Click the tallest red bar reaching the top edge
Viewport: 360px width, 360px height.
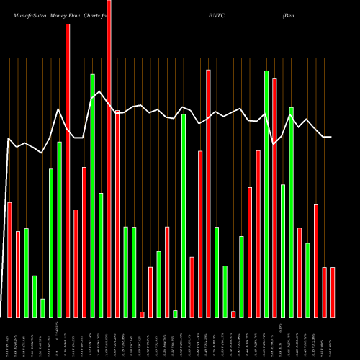coord(109,158)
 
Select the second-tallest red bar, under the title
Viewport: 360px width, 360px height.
coord(68,170)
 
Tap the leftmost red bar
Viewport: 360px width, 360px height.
coord(9,259)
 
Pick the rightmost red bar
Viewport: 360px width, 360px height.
coord(332,292)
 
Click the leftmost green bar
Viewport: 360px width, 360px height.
coord(26,272)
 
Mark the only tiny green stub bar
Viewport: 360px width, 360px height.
coord(175,313)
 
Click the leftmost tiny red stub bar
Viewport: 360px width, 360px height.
coord(142,314)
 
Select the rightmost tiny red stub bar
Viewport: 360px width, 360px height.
coord(233,314)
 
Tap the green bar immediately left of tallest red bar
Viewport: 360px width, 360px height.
coord(101,255)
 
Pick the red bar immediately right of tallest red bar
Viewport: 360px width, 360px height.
coord(117,214)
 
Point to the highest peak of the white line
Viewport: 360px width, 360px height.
coord(101,92)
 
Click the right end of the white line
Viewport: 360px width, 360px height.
coord(331,137)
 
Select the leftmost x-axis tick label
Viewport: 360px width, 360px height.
coord(9,338)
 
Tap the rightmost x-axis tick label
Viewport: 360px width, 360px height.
coord(332,338)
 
